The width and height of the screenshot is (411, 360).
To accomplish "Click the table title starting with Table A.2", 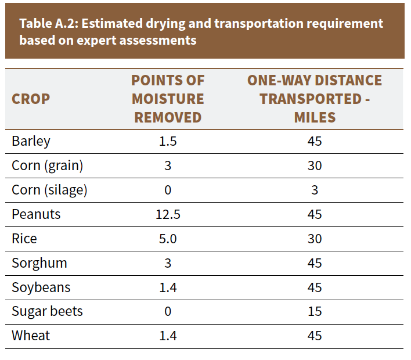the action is [x=201, y=32].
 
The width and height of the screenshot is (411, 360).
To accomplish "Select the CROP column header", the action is [x=31, y=99].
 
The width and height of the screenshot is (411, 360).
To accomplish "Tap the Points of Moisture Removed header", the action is [x=168, y=99].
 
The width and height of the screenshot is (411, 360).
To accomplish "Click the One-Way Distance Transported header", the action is [x=315, y=99].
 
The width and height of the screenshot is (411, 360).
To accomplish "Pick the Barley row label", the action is [x=31, y=142].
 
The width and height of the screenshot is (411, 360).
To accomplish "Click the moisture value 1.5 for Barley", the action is [x=168, y=141].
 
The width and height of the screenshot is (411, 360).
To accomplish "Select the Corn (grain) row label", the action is [x=48, y=165].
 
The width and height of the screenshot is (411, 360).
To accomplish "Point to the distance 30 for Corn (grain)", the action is [x=315, y=165].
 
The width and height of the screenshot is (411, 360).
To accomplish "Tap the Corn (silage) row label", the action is [x=49, y=190].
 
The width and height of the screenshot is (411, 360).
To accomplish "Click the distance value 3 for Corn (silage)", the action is [x=315, y=190].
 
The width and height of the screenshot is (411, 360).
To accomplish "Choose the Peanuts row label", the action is [x=36, y=214].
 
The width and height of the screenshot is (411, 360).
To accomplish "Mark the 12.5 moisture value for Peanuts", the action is [x=168, y=214].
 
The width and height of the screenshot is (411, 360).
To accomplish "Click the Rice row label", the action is [x=24, y=239].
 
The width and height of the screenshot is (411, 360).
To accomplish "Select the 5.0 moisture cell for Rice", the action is [x=168, y=239].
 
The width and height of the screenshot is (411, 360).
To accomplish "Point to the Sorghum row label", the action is [x=39, y=263].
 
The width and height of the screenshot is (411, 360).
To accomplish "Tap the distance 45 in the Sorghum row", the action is [x=315, y=263].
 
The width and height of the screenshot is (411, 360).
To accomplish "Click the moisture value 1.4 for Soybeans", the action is [x=168, y=287].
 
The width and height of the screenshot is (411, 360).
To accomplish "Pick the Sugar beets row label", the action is [x=47, y=312].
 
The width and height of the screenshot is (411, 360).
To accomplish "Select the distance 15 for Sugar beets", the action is [x=315, y=311].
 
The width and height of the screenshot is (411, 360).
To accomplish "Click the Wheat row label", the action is [x=31, y=336].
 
